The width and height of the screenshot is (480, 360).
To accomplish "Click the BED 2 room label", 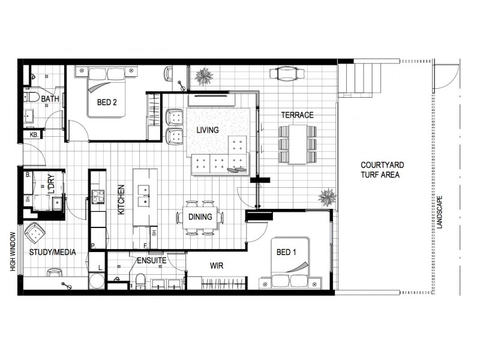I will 106,102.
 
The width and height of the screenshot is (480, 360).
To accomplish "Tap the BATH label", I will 50,98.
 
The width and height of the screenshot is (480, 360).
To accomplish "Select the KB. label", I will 34,136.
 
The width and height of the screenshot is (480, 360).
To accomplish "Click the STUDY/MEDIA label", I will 53,253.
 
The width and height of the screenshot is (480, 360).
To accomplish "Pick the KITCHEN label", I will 121,200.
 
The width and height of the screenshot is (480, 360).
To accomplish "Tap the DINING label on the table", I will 200,217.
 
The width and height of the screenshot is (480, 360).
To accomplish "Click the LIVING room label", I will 208,130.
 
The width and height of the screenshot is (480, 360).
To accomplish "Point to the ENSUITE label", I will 152,261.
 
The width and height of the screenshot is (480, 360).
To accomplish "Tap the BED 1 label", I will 286,253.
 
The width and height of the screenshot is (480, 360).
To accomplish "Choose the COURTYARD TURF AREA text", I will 380,170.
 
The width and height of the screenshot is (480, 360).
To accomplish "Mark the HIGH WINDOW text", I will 12,252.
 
